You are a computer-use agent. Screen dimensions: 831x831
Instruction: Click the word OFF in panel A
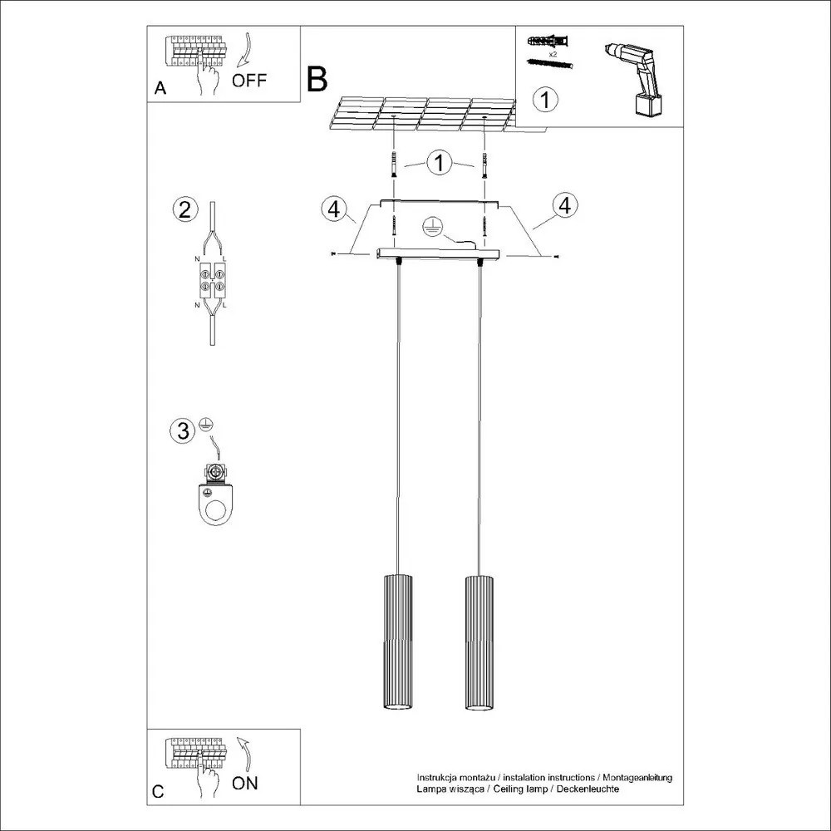249,81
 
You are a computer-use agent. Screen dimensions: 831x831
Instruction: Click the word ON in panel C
245,783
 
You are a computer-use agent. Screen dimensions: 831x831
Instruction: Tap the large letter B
317,79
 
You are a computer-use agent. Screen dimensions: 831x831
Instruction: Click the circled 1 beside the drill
544,101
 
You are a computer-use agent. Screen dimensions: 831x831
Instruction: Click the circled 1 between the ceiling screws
439,163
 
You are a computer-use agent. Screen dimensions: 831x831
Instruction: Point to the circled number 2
184,209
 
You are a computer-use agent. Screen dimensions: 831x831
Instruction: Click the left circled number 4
333,209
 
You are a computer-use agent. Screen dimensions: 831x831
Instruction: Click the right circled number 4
564,205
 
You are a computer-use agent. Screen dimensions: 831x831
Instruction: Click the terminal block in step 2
214,279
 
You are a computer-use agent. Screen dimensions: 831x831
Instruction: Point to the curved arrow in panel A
244,50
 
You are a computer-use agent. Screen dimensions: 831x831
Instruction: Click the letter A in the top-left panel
160,90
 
